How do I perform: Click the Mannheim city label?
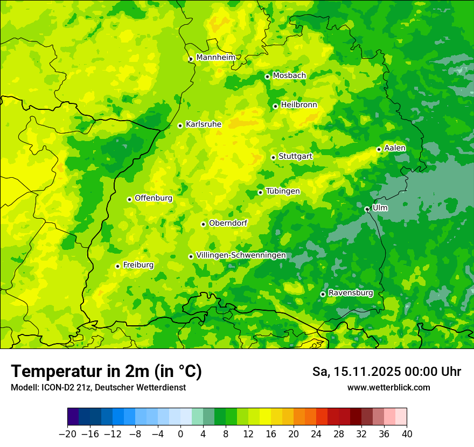coord(215,58)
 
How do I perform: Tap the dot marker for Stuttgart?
coord(273,157)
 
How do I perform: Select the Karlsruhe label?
coord(203,124)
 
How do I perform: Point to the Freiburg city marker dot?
coord(117,266)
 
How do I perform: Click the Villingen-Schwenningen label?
coord(241,255)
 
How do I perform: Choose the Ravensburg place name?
coord(351,293)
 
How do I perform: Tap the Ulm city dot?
coord(367,209)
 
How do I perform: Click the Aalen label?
coord(395,148)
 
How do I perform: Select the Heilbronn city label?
coord(299,105)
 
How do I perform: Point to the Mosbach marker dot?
coord(267,76)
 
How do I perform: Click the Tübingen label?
coord(283,191)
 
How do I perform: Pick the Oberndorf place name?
coord(228,223)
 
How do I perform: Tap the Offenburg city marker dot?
coord(129,199)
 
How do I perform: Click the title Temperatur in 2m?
coord(106,372)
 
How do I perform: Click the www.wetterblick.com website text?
coord(388,387)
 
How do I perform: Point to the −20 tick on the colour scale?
coord(67,434)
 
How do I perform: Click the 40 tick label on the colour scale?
coord(407,434)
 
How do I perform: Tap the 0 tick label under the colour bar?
coord(180,434)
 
